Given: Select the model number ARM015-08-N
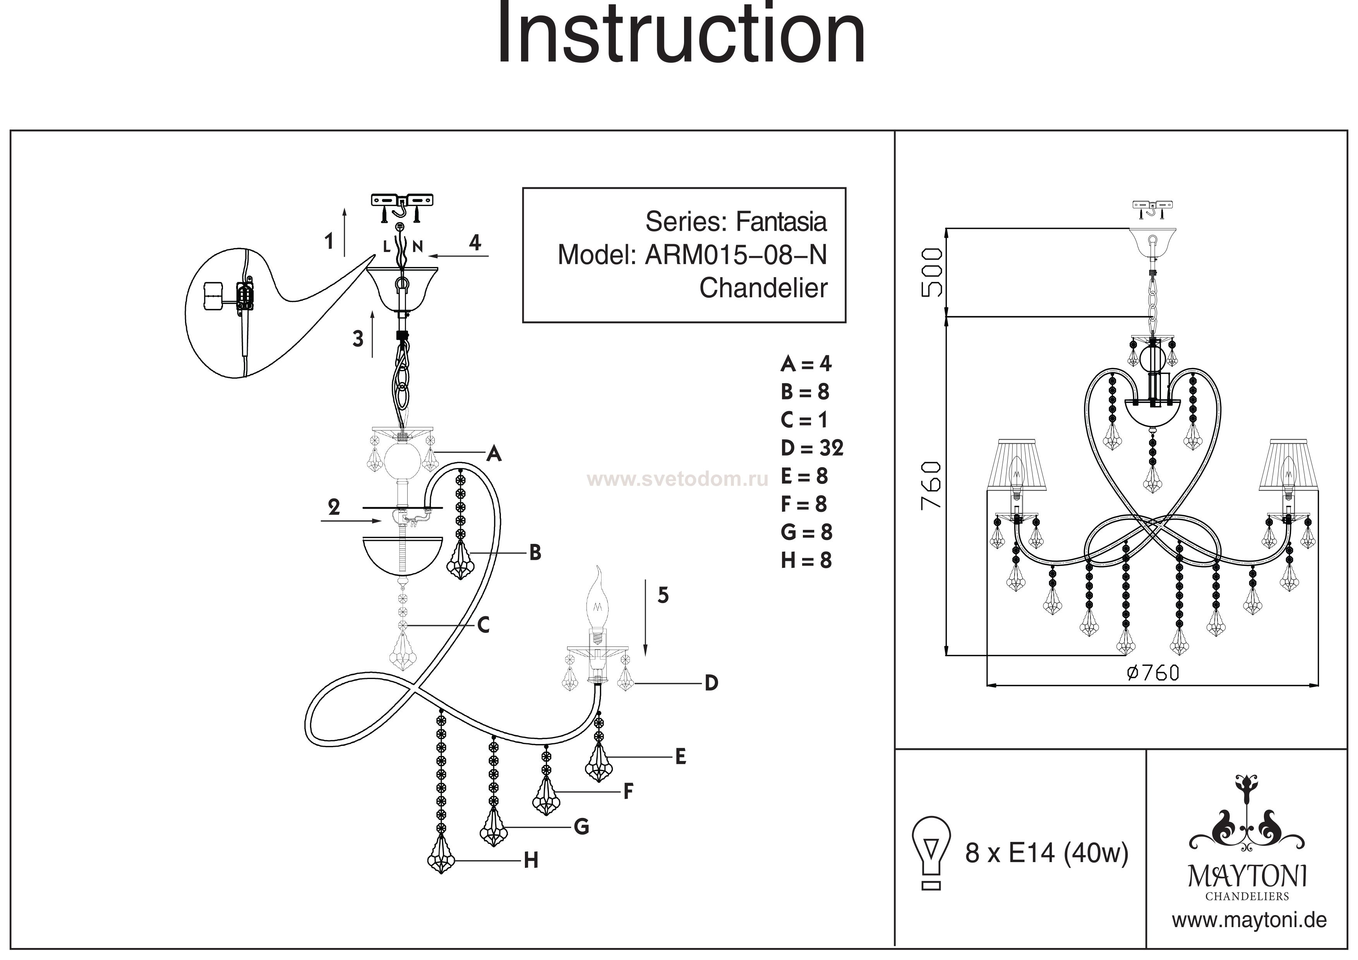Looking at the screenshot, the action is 736,255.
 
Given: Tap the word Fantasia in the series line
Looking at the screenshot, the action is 781,222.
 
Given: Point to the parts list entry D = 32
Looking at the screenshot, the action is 812,448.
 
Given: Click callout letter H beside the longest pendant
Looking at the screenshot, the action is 531,861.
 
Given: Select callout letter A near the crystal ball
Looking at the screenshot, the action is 494,454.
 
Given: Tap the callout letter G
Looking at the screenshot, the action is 581,826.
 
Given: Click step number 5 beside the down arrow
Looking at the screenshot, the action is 663,595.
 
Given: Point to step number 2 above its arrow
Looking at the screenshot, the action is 334,507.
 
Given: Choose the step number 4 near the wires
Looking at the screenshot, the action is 475,242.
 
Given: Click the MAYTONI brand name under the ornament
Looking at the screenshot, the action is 1247,875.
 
